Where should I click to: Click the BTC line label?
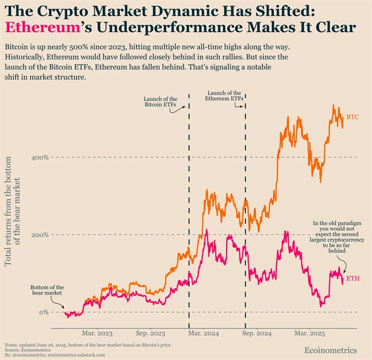pos(352,117)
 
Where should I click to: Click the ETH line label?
pos(352,279)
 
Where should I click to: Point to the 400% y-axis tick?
pos(39,158)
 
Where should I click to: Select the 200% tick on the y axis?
pos(39,235)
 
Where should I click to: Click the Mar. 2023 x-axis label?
pos(96,334)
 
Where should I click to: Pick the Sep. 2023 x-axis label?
pos(151,334)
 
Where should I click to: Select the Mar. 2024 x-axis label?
pos(203,334)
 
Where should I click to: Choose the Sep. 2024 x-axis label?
pos(257,334)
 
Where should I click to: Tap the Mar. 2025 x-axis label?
pos(309,334)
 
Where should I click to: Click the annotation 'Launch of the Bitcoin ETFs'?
pos(160,102)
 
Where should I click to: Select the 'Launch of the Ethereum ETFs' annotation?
pos(226,96)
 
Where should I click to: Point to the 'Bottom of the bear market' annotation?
pos(47,290)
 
